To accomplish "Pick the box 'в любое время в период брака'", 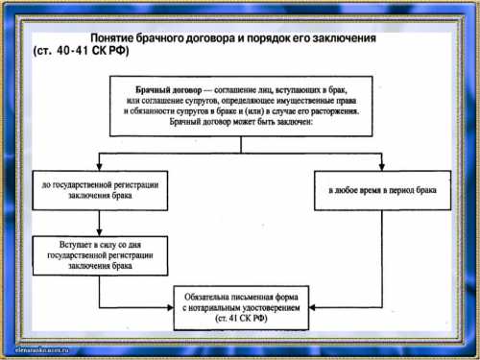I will tap(382, 191).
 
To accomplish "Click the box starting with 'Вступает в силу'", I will tap(94, 252).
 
